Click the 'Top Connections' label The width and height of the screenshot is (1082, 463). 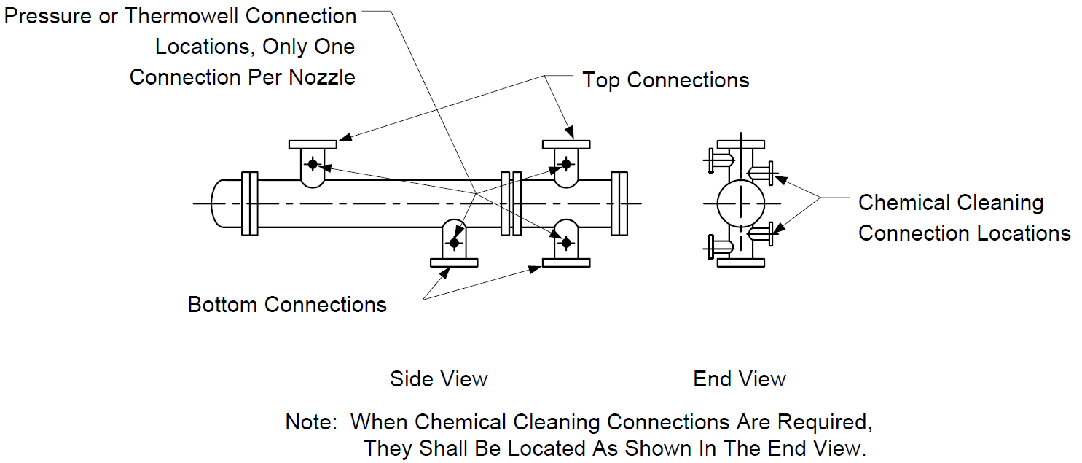tap(666, 80)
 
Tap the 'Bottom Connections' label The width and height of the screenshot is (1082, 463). tap(287, 305)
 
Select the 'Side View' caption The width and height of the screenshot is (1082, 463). tap(439, 379)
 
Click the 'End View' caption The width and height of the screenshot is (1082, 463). tap(739, 379)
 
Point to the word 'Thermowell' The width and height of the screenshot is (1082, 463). tap(181, 17)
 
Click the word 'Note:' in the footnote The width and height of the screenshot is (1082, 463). tap(311, 422)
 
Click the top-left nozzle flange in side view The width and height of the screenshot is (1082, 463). tap(313, 144)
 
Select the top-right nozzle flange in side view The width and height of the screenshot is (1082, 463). tap(566, 144)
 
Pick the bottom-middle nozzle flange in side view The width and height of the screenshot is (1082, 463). tap(454, 263)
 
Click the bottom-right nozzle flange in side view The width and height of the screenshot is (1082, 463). tap(566, 263)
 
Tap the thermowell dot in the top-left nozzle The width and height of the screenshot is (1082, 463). tap(313, 164)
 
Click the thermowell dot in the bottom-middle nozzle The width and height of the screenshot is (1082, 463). tap(454, 243)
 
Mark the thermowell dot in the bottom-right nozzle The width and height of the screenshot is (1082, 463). tap(566, 243)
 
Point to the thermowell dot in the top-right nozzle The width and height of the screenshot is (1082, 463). tap(566, 164)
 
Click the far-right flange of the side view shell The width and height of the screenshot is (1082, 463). tap(619, 203)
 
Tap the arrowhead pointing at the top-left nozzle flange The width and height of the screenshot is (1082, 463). tap(345, 138)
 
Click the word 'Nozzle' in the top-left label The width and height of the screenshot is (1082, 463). tap(322, 77)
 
